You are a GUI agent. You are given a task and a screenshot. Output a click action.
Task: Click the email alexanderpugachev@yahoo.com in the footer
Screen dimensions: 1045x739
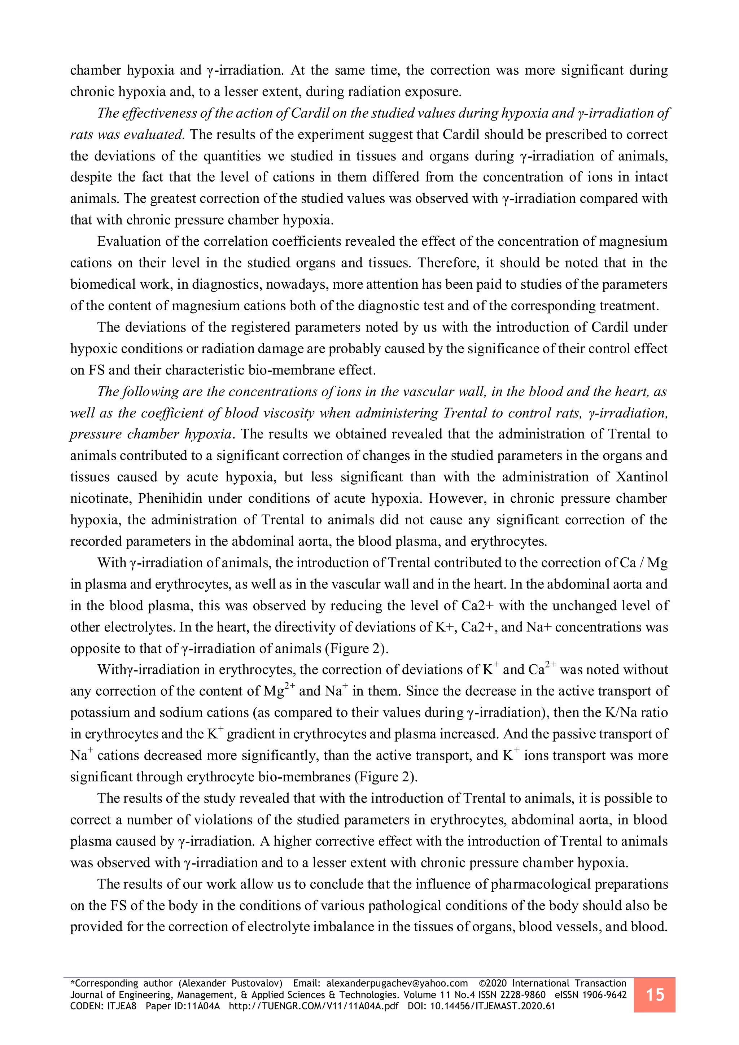point(397,983)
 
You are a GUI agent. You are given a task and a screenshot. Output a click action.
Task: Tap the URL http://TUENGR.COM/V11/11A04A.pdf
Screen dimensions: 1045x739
point(314,1006)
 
